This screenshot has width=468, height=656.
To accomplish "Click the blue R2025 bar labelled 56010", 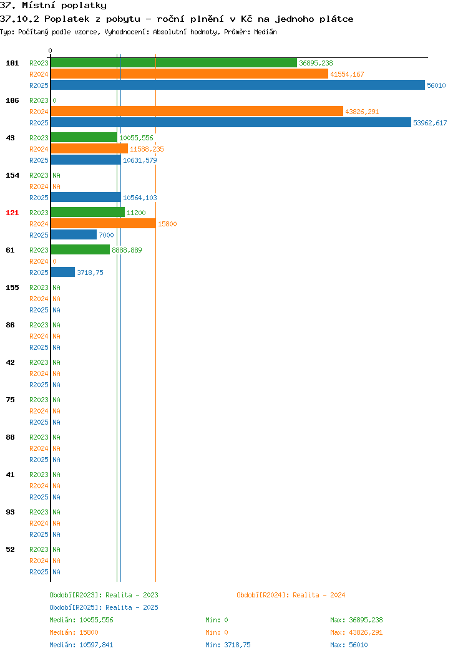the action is pyautogui.click(x=238, y=85).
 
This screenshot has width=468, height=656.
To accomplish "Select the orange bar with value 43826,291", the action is pyautogui.click(x=197, y=111).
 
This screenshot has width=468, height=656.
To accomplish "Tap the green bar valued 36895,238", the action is pyautogui.click(x=174, y=63).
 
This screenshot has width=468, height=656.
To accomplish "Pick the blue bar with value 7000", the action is pyautogui.click(x=74, y=234).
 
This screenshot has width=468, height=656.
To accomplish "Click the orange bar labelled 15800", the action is pyautogui.click(x=104, y=224).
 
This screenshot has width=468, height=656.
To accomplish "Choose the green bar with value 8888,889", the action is pyautogui.click(x=80, y=250).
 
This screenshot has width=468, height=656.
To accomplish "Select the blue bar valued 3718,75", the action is pyautogui.click(x=63, y=273).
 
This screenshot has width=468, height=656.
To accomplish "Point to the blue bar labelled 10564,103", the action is pyautogui.click(x=86, y=198).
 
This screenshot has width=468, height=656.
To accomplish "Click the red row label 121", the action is pyautogui.click(x=12, y=213).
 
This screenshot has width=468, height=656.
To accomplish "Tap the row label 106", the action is pyautogui.click(x=12, y=100).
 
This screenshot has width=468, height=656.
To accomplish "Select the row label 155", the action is pyautogui.click(x=12, y=287).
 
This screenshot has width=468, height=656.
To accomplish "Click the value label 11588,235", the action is pyautogui.click(x=147, y=149).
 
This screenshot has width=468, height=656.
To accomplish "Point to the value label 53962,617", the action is pyautogui.click(x=430, y=123).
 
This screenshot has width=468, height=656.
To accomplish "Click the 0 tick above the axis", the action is pyautogui.click(x=51, y=51).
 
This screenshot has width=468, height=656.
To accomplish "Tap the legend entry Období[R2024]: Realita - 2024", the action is pyautogui.click(x=291, y=595).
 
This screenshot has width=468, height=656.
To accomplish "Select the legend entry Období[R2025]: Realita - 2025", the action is pyautogui.click(x=104, y=607).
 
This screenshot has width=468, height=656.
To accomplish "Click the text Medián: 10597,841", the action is pyautogui.click(x=81, y=645).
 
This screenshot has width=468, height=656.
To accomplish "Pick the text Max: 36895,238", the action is pyautogui.click(x=356, y=620).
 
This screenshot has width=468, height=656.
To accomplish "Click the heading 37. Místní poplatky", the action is pyautogui.click(x=53, y=6).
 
